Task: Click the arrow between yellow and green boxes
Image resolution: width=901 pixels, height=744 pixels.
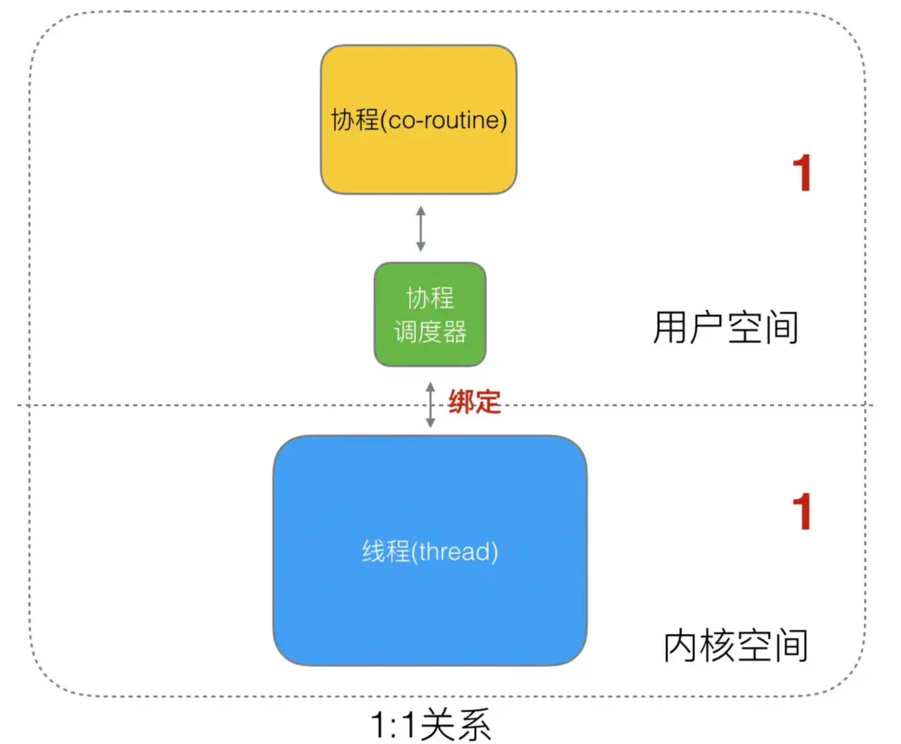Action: click(x=421, y=229)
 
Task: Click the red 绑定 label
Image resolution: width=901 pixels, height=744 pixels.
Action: click(x=474, y=402)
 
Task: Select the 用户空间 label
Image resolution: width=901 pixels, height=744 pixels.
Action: click(x=725, y=328)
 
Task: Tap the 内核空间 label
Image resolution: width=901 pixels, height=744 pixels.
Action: click(x=735, y=646)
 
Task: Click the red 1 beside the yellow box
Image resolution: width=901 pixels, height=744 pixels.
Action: click(x=801, y=174)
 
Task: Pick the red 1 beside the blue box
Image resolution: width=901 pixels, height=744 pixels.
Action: click(x=801, y=513)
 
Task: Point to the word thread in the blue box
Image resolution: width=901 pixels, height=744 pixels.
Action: click(x=455, y=551)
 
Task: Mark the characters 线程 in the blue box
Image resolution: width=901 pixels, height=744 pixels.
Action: click(x=385, y=551)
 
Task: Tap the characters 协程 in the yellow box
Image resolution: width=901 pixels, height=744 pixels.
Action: click(x=353, y=121)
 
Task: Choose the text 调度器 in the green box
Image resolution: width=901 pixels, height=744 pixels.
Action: click(x=430, y=331)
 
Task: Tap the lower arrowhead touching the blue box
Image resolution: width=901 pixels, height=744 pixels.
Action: click(x=430, y=423)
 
